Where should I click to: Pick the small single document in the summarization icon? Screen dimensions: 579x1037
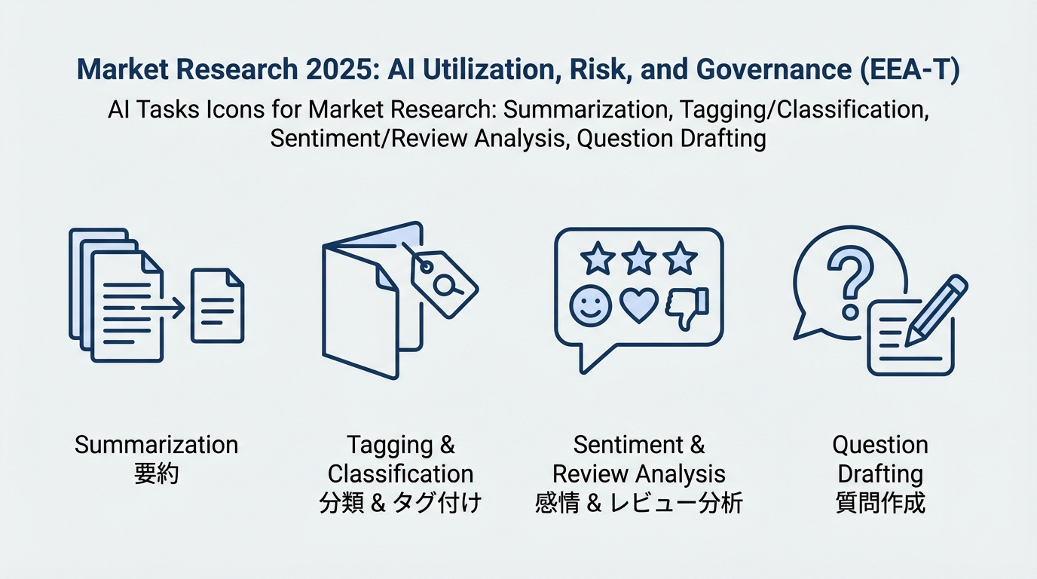pyautogui.click(x=217, y=306)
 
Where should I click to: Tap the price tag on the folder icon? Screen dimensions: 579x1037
pyautogui.click(x=442, y=280)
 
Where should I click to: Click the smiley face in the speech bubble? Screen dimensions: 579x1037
pyautogui.click(x=590, y=305)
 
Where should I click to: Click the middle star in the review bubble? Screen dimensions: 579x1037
pyautogui.click(x=639, y=259)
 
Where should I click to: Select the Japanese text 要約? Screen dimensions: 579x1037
pyautogui.click(x=156, y=474)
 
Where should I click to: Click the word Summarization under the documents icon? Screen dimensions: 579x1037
pyautogui.click(x=156, y=444)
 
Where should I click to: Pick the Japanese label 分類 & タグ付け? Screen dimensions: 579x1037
pyautogui.click(x=400, y=503)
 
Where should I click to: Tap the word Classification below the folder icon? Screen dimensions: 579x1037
pyautogui.click(x=400, y=473)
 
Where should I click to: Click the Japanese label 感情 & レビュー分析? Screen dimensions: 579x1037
pyautogui.click(x=638, y=503)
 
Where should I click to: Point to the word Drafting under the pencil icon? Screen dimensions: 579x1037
pyautogui.click(x=879, y=473)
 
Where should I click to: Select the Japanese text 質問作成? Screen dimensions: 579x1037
pyautogui.click(x=879, y=503)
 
